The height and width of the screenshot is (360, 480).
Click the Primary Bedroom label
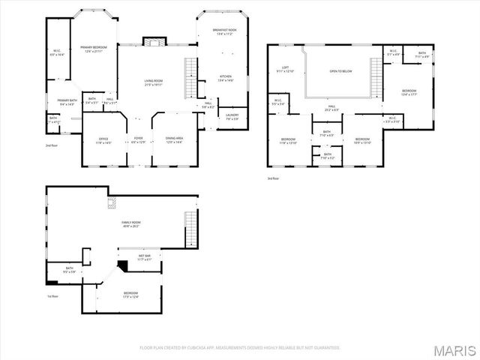94,48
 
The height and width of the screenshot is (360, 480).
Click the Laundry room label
232,116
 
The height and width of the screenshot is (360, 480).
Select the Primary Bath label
67,101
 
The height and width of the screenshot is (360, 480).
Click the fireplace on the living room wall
154,42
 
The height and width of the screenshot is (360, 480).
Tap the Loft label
286,69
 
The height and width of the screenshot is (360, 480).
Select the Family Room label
132,223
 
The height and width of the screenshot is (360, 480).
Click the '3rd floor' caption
274,178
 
